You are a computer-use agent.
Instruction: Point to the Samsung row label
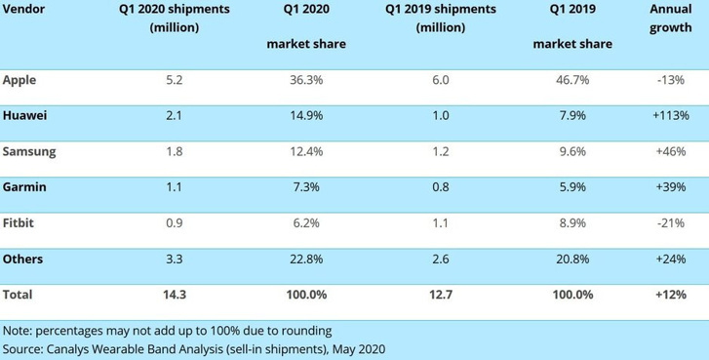(x=29, y=152)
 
